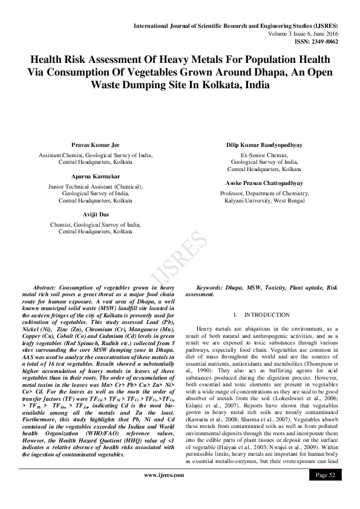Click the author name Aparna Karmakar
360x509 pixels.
96,177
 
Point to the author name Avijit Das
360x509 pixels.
96,215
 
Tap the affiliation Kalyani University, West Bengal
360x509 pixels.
264,200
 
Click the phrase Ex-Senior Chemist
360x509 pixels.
264,155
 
